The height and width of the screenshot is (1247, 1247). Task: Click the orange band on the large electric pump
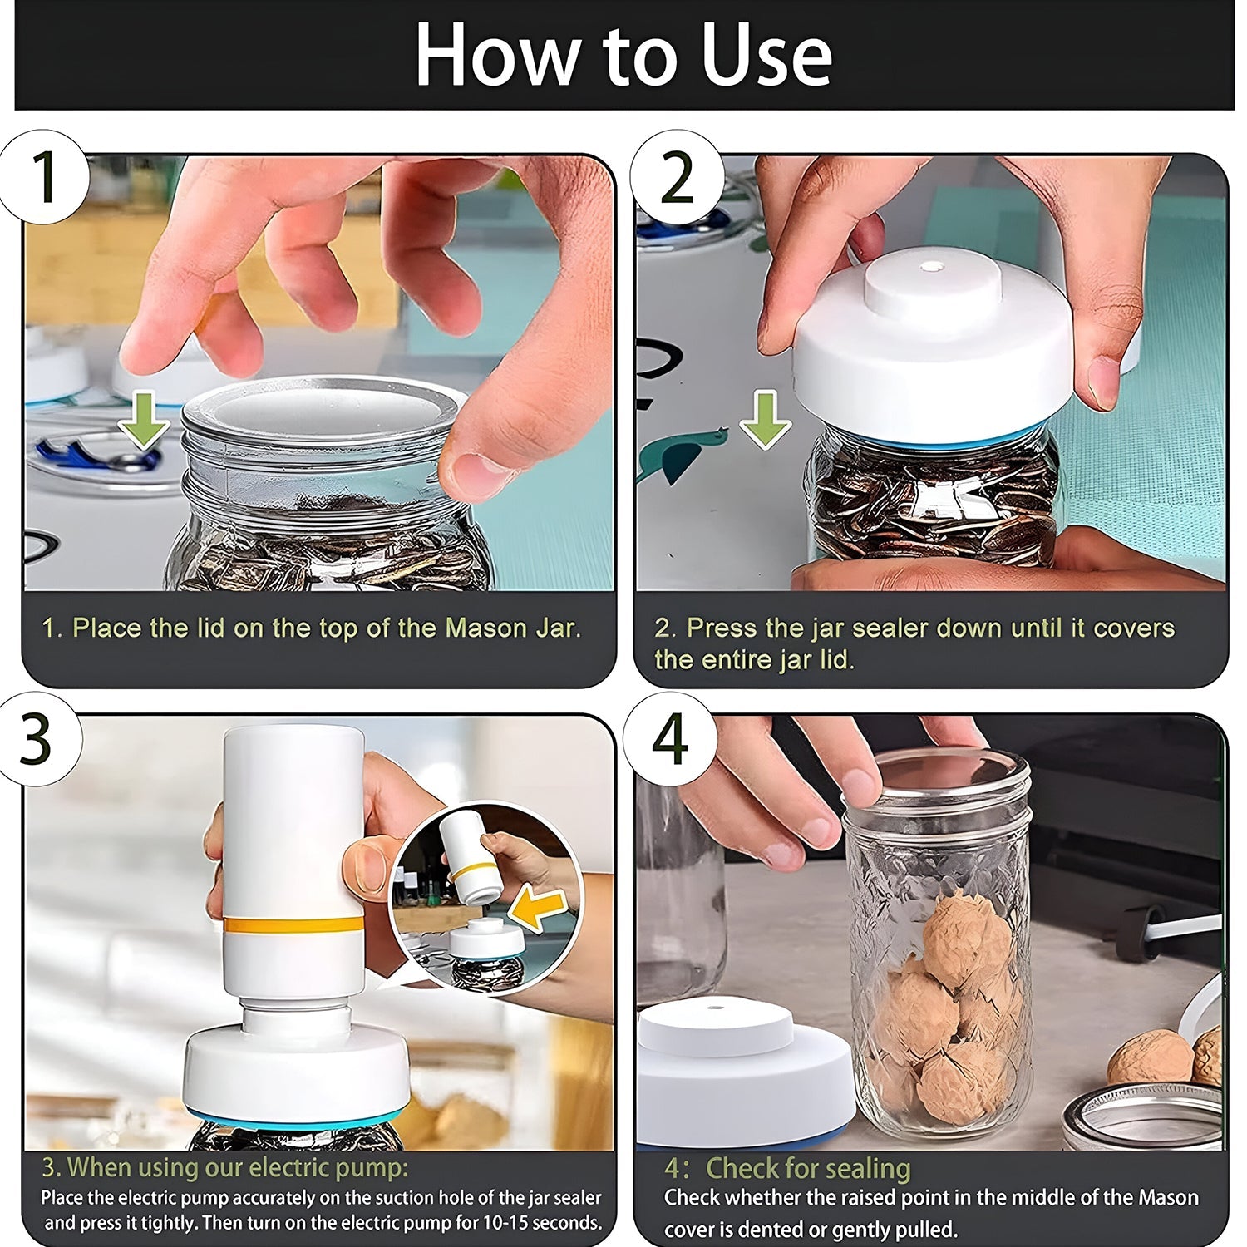tap(293, 924)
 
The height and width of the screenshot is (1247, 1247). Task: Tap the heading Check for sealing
tap(807, 1168)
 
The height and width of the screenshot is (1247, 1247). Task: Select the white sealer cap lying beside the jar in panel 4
tap(740, 1072)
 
